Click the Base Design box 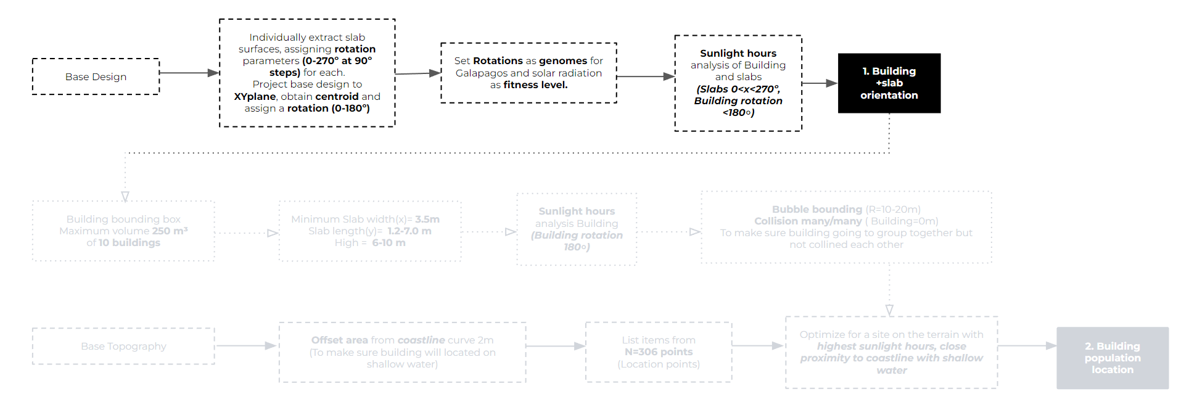[96, 76]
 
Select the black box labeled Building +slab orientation [889, 83]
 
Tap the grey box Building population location [1112, 358]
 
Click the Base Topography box [123, 346]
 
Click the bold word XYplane [255, 96]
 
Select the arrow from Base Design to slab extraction [189, 73]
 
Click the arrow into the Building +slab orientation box [820, 83]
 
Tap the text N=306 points [658, 351]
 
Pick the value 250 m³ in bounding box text [170, 231]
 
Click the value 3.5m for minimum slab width [427, 219]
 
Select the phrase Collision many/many [807, 221]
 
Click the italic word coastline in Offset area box [421, 340]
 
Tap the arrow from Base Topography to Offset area [246, 346]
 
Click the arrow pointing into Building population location [1027, 346]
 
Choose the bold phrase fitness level [535, 84]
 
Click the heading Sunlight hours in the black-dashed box [738, 53]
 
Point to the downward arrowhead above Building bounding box [125, 197]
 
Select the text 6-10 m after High [388, 242]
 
